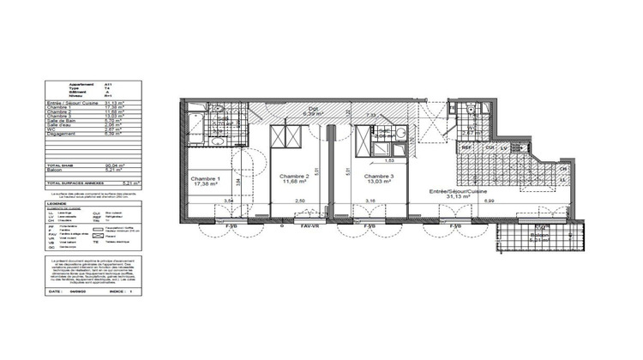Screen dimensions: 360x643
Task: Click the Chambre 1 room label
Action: click(206, 178)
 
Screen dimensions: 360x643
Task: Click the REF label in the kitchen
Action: click(467, 147)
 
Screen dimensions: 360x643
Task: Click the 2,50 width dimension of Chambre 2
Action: click(299, 201)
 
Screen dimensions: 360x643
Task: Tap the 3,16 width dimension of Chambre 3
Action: click(370, 201)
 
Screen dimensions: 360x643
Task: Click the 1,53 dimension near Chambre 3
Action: click(388, 159)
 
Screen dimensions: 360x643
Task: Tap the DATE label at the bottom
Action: click(54, 291)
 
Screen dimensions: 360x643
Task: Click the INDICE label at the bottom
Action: click(116, 291)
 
